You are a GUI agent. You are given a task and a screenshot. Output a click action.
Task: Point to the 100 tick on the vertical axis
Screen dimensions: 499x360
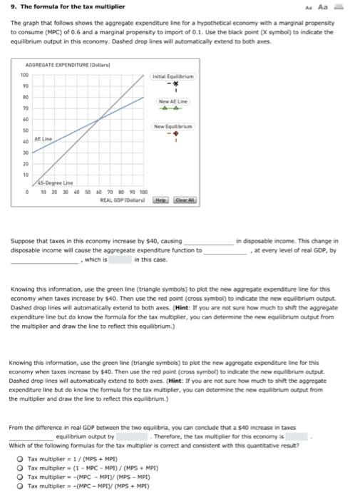pos(24,75)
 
